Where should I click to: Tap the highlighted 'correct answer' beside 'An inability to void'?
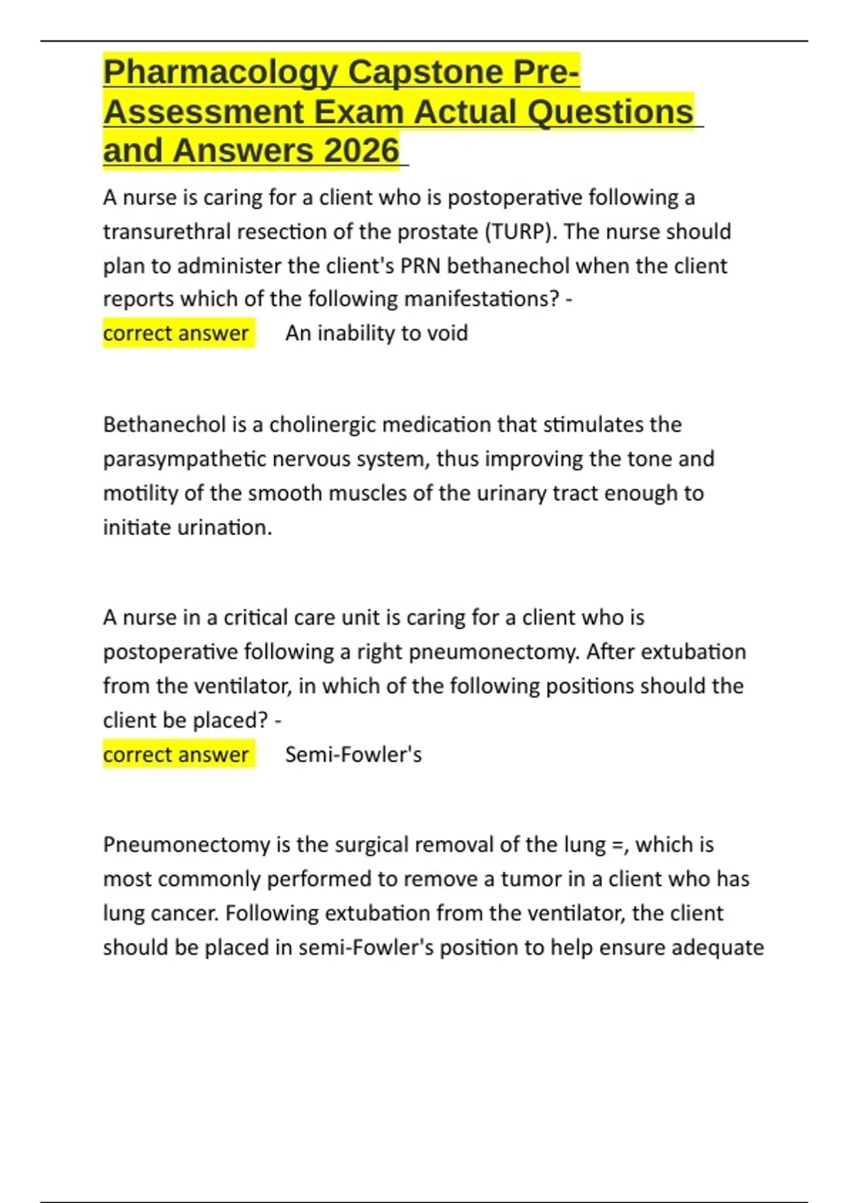(x=176, y=333)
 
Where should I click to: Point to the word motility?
(x=140, y=493)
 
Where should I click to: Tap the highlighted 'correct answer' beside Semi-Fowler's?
(x=176, y=754)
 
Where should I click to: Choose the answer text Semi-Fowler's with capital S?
(x=353, y=754)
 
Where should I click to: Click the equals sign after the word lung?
(x=620, y=845)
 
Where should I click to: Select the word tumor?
(x=528, y=879)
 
